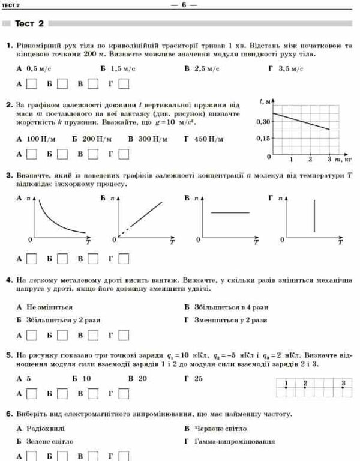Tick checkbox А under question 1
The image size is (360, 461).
pos(32,84)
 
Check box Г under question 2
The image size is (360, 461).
pos(124,154)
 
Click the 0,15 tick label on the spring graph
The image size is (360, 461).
pos(262,139)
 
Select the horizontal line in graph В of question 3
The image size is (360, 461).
pos(229,212)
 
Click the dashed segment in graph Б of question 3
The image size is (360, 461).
pos(122,233)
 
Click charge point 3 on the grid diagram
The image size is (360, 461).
pos(343,388)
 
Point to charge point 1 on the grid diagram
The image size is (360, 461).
pos(286,388)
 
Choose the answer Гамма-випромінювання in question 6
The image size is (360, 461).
pos(234,442)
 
